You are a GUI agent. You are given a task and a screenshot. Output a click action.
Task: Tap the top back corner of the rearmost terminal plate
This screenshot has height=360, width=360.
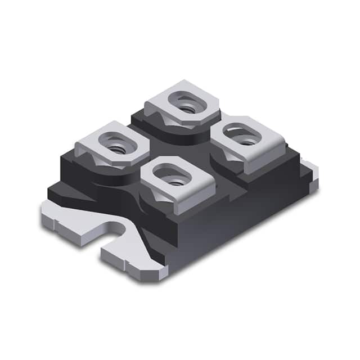[x=194, y=82]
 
